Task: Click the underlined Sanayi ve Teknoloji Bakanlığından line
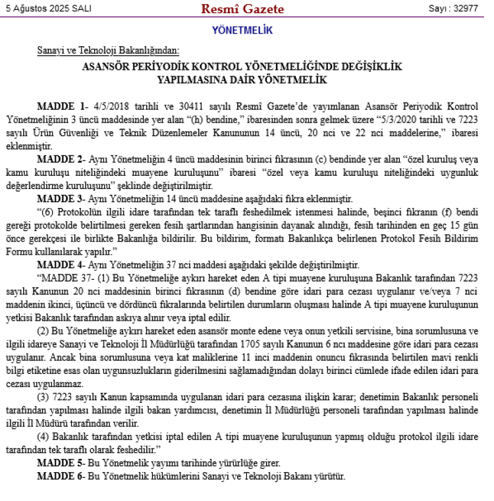(x=108, y=51)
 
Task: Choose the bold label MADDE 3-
(x=63, y=199)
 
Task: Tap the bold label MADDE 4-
(x=63, y=265)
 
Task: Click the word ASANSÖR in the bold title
(x=108, y=67)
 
